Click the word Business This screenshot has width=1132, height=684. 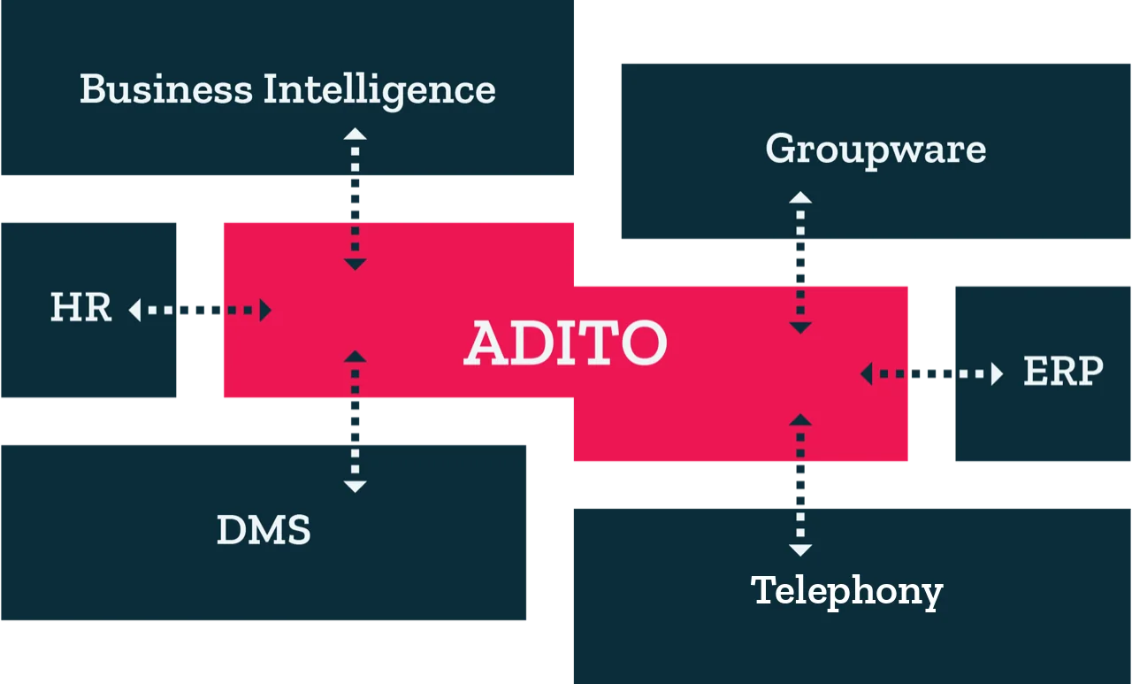click(165, 89)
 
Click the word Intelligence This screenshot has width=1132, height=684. click(379, 91)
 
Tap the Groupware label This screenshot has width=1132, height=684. click(876, 150)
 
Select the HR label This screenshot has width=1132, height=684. click(80, 307)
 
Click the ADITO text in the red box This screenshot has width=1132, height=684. click(565, 342)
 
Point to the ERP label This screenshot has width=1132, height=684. click(1063, 371)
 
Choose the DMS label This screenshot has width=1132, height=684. click(264, 530)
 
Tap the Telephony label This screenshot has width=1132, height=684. click(846, 592)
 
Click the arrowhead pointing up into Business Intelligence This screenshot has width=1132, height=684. click(355, 134)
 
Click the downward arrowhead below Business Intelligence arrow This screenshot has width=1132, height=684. click(355, 265)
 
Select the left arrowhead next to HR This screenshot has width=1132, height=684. click(134, 310)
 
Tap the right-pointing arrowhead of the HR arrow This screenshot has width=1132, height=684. click(265, 310)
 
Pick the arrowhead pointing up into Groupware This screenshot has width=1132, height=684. click(800, 197)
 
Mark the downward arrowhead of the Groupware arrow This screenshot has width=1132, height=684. click(800, 328)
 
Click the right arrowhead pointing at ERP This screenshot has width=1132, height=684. click(997, 373)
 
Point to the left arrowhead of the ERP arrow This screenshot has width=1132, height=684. click(866, 373)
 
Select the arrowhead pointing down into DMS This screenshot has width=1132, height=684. click(355, 487)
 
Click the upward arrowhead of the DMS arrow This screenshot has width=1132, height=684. click(355, 356)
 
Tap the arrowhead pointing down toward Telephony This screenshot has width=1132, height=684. click(800, 550)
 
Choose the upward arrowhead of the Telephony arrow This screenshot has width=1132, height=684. click(800, 419)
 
